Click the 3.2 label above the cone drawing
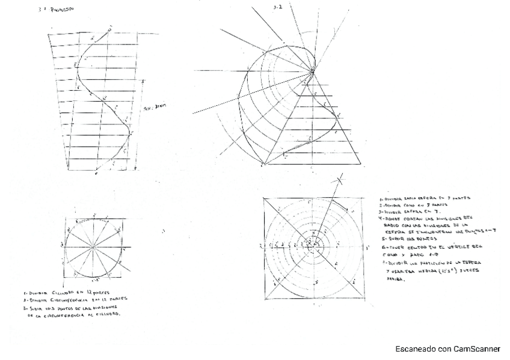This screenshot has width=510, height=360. pyautogui.click(x=277, y=7)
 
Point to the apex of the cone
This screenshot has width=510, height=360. pyautogui.click(x=313, y=73)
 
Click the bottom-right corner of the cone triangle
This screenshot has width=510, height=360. pyautogui.click(x=361, y=164)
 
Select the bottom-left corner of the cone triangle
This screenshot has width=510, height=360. pyautogui.click(x=265, y=164)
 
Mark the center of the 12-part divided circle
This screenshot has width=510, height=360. pyautogui.click(x=94, y=247)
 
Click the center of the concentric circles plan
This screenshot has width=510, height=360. pyautogui.click(x=312, y=245)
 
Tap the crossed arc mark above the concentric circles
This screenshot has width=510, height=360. pyautogui.click(x=340, y=178)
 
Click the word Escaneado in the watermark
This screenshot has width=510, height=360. pyautogui.click(x=415, y=349)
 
